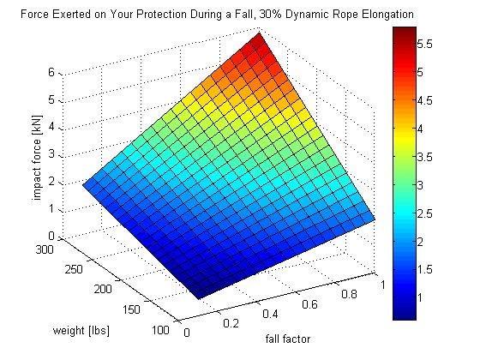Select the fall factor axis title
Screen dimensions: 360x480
289,339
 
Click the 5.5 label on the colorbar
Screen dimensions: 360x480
423,42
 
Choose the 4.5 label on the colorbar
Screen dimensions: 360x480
423,99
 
